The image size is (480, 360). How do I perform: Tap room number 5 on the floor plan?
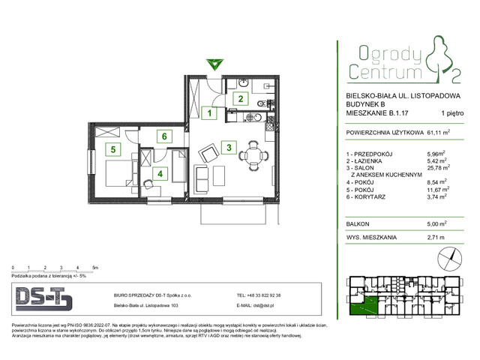point(113,148)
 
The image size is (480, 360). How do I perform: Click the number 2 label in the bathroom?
point(241,98)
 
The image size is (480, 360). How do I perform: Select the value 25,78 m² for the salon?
point(439,167)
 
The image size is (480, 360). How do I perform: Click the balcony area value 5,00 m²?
point(439,223)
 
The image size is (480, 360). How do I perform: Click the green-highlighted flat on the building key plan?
point(366,304)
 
